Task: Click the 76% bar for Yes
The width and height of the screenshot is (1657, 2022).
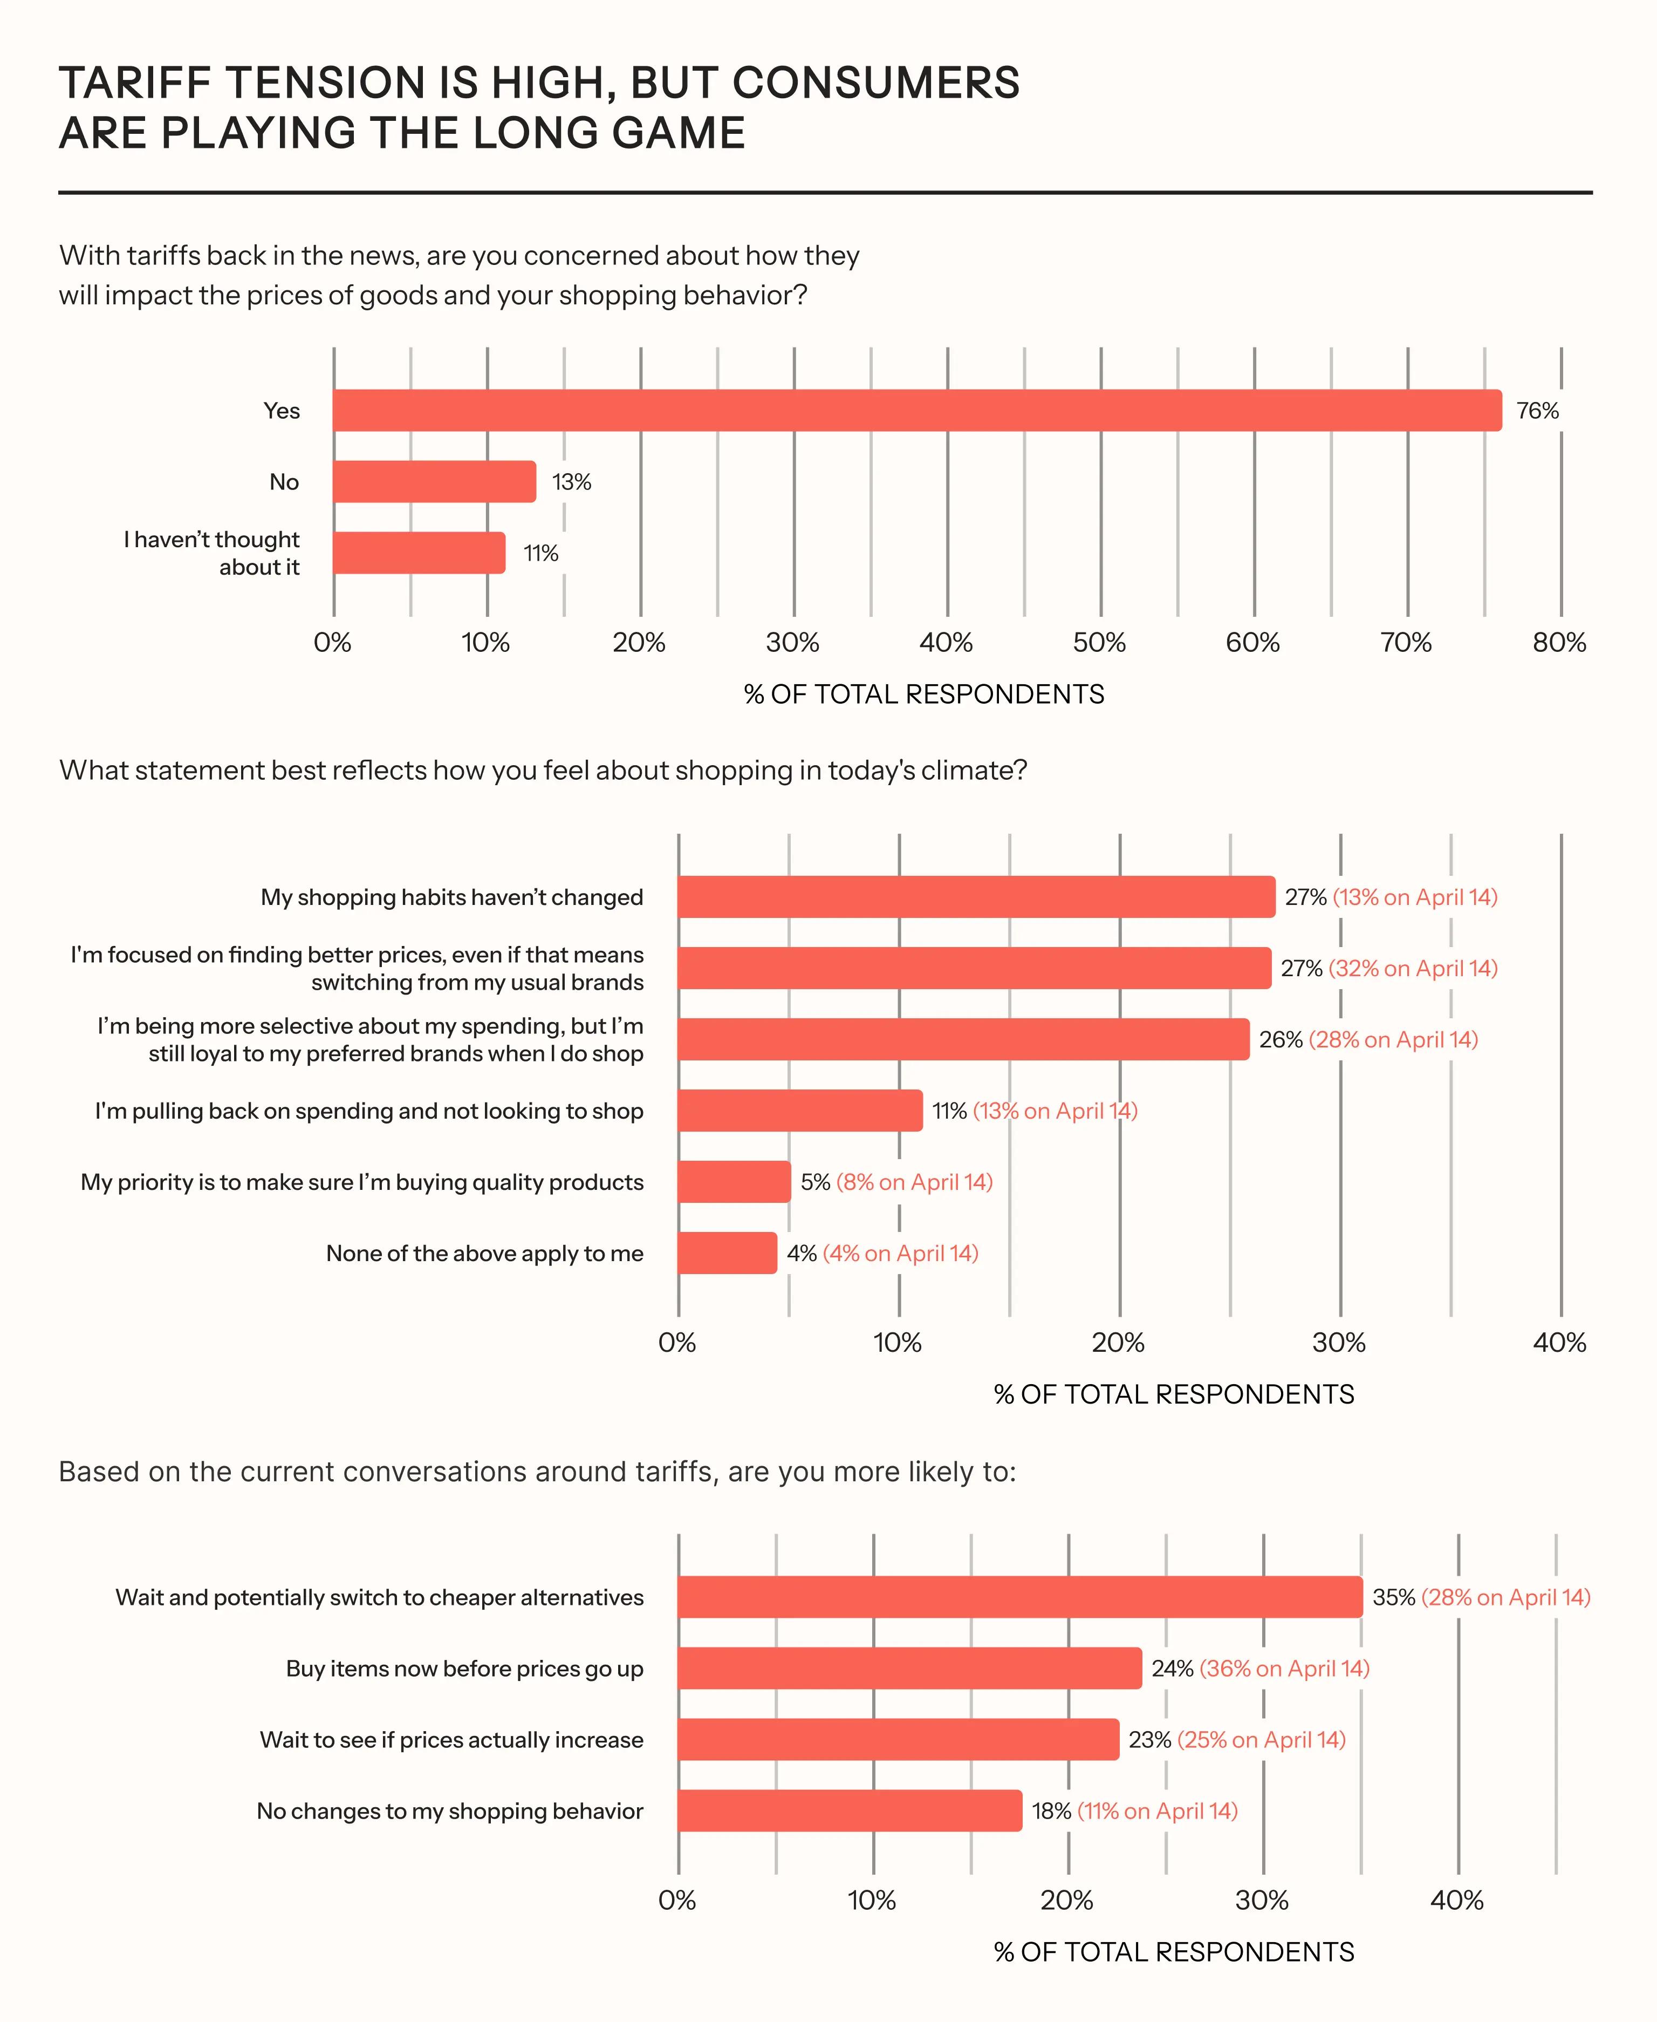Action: click(x=916, y=411)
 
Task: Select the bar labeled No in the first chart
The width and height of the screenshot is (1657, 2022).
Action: click(x=434, y=481)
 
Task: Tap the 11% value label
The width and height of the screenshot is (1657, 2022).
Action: click(x=540, y=554)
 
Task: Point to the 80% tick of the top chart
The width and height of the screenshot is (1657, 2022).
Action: click(x=1559, y=643)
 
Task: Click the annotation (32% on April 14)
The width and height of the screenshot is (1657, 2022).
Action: click(x=1413, y=968)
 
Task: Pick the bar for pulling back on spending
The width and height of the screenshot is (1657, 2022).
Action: click(x=800, y=1110)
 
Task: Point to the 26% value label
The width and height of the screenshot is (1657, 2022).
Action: click(x=1280, y=1040)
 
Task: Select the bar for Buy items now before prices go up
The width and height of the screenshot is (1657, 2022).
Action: click(x=909, y=1668)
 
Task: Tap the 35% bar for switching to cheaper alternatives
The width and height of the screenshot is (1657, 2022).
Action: click(x=1019, y=1597)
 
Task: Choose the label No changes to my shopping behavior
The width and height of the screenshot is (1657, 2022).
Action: click(x=449, y=1811)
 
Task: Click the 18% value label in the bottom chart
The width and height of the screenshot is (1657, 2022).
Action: click(x=1051, y=1811)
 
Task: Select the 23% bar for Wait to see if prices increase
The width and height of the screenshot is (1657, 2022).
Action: click(x=897, y=1739)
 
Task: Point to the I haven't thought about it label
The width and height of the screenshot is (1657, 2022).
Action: click(x=212, y=553)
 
